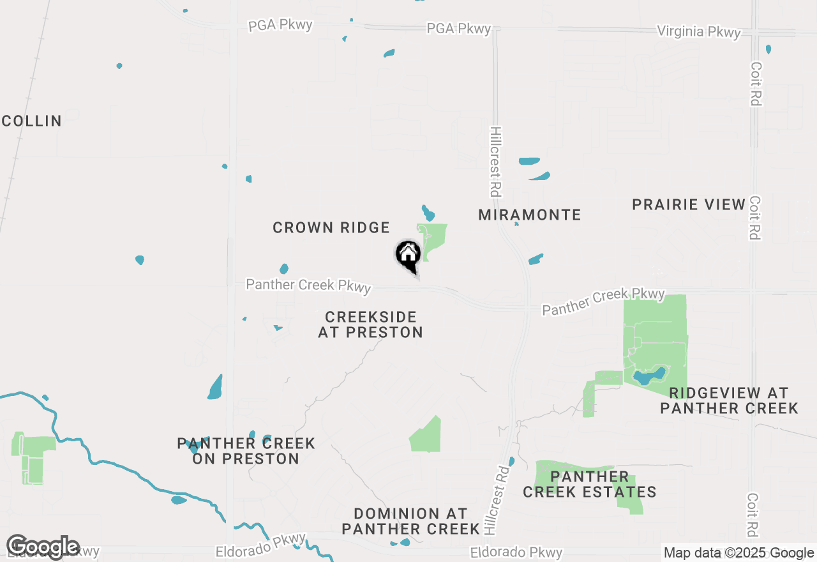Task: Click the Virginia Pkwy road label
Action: [x=699, y=32]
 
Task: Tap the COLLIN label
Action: [x=31, y=121]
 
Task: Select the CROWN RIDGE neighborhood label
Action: [x=331, y=227]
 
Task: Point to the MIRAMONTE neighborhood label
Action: [x=530, y=215]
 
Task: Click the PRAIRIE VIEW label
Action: [x=689, y=204]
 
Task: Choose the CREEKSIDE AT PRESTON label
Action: [x=370, y=324]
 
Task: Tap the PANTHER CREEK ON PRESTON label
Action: [x=246, y=451]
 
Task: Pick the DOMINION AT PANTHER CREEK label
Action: [x=410, y=521]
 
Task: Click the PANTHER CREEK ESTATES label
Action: [x=589, y=484]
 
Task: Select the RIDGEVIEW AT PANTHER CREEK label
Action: [x=729, y=400]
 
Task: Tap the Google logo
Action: [x=42, y=547]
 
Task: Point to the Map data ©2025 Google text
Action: [x=738, y=553]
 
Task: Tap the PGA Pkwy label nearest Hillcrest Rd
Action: [x=459, y=29]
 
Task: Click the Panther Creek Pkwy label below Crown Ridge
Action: [x=308, y=285]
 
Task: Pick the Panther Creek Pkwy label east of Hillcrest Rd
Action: [x=603, y=301]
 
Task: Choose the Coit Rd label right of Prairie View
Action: [x=755, y=218]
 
